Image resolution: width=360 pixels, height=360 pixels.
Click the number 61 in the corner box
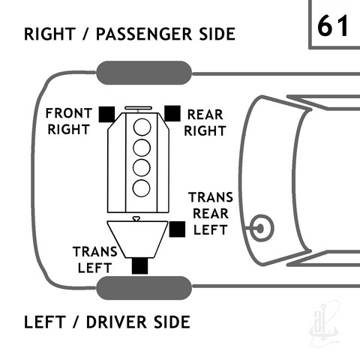(x=333, y=25)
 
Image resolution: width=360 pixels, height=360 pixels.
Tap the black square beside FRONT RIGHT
(x=106, y=114)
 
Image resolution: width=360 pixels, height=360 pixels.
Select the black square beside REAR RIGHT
(x=172, y=113)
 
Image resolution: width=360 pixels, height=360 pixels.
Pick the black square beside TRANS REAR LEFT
(x=177, y=229)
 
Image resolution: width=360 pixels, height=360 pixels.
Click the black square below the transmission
(x=139, y=265)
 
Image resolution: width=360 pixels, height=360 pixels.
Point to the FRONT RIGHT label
(x=69, y=121)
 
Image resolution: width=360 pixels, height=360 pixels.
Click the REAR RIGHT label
(x=205, y=123)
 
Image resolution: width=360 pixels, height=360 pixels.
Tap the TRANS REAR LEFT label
(x=211, y=214)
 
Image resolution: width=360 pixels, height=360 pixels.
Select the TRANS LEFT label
(x=95, y=259)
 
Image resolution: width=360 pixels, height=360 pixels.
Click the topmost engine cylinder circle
(x=142, y=127)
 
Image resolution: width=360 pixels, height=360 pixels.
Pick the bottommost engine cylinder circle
(x=141, y=188)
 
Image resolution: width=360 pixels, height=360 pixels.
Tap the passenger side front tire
(x=144, y=73)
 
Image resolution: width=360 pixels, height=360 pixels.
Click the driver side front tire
(x=144, y=288)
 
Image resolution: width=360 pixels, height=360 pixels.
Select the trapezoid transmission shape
(x=137, y=239)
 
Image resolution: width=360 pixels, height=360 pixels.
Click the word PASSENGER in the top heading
(x=144, y=34)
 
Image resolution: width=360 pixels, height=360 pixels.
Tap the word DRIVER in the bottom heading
(x=116, y=322)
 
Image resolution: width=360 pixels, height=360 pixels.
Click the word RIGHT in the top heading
(x=49, y=34)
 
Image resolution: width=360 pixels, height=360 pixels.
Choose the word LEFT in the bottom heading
(x=45, y=322)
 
